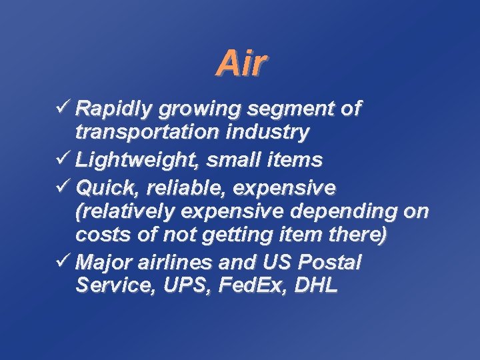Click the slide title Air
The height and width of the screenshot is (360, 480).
241,64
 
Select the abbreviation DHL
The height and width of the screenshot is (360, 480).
315,287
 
